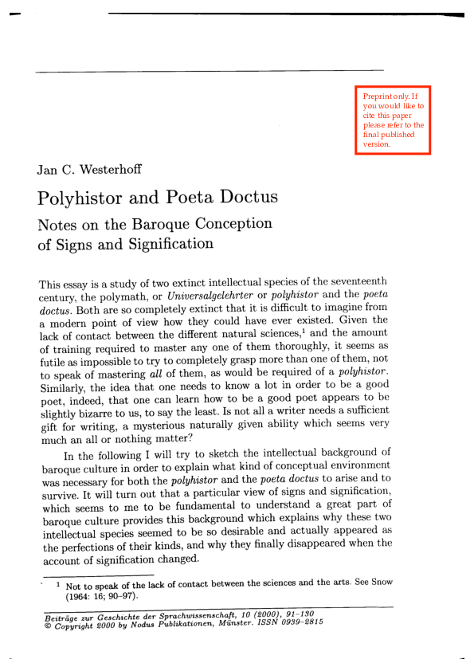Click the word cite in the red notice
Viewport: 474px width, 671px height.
click(x=370, y=116)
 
